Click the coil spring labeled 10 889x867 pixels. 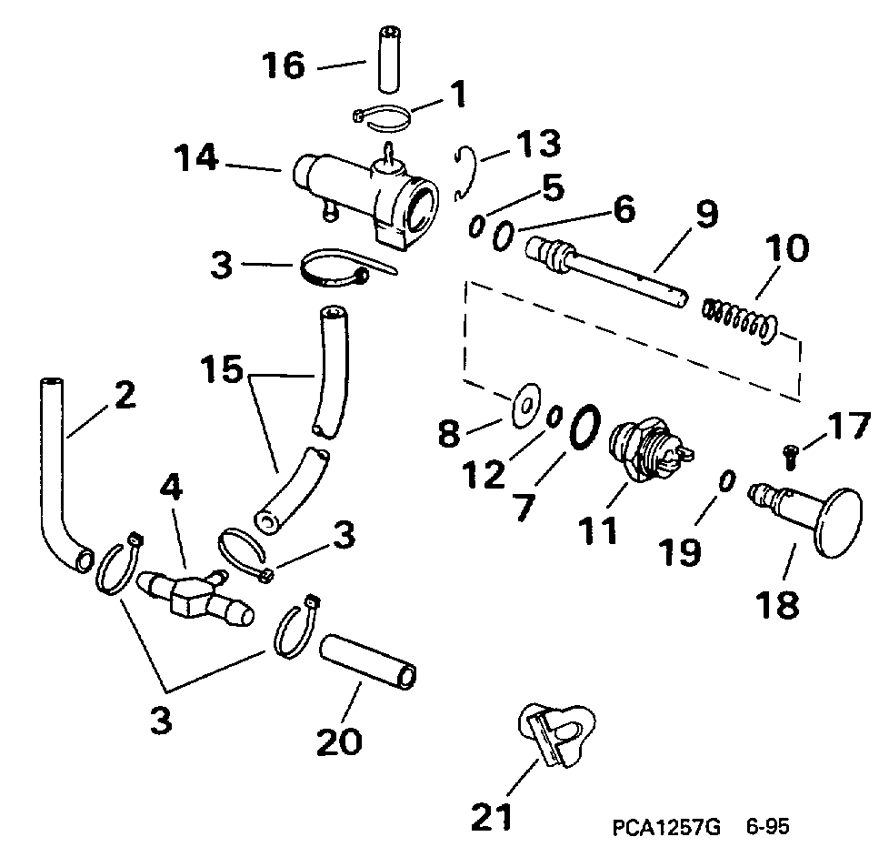pos(741,320)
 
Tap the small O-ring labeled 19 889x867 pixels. pos(726,481)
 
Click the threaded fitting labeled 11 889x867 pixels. pos(649,447)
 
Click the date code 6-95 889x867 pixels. pos(766,828)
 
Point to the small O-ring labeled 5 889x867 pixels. pos(475,227)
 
